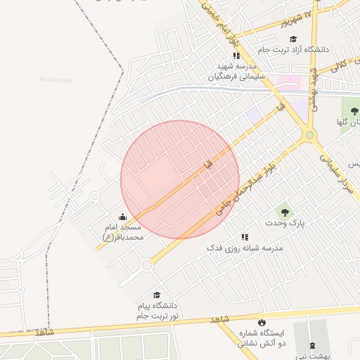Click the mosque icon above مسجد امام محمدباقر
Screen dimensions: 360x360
click(123, 217)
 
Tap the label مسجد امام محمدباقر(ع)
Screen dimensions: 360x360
click(123, 233)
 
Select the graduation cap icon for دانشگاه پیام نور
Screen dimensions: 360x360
click(157, 295)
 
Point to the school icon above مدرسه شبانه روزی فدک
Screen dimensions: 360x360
click(245, 238)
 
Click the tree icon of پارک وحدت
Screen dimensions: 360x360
click(285, 211)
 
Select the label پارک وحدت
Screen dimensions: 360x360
click(286, 223)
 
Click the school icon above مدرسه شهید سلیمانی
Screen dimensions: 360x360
click(236, 55)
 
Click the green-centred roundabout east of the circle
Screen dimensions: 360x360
click(309, 135)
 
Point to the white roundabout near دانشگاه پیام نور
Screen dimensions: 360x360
click(146, 265)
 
